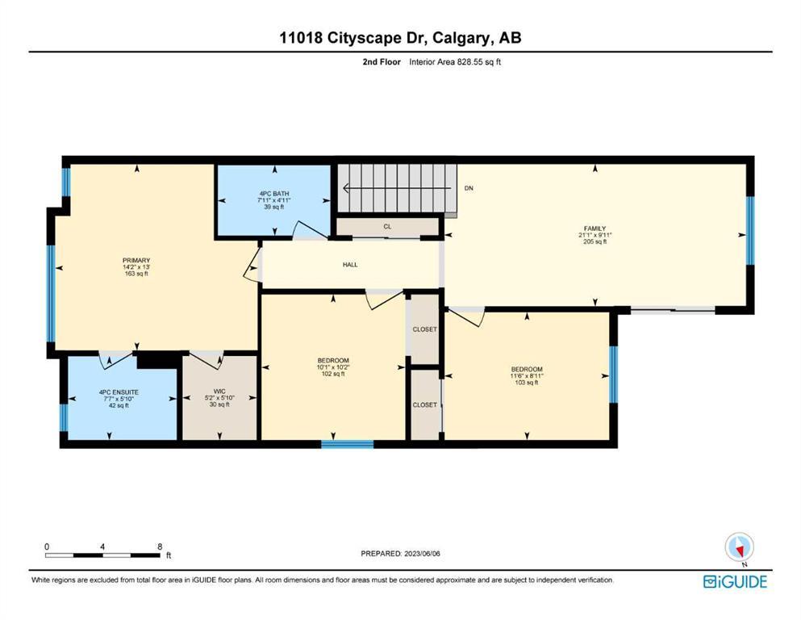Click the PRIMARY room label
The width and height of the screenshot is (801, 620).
point(136,261)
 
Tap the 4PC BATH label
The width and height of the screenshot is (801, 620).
point(274,194)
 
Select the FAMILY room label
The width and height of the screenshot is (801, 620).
point(595,228)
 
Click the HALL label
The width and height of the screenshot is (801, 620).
point(350,265)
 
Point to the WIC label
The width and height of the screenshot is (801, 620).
point(219,391)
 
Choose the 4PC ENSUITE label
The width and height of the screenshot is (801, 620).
point(119,392)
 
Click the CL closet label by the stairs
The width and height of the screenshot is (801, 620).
point(388,226)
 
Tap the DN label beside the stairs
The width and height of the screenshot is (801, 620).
point(469,188)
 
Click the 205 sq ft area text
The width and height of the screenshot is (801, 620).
point(595,241)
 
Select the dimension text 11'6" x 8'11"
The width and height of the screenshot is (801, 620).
point(527,375)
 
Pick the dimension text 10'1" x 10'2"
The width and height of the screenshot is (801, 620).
point(333,367)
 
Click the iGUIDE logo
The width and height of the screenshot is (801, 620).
point(735,582)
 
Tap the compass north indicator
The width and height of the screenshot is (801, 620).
point(739,548)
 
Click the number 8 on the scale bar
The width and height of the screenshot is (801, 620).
point(160,547)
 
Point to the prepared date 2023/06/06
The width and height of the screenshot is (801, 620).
point(422,553)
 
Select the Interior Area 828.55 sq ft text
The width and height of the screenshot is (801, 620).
point(455,62)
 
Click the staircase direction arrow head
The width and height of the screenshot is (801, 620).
point(345,188)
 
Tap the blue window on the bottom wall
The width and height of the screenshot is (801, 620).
point(348,444)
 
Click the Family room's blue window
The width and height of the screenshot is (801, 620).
point(750,231)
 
